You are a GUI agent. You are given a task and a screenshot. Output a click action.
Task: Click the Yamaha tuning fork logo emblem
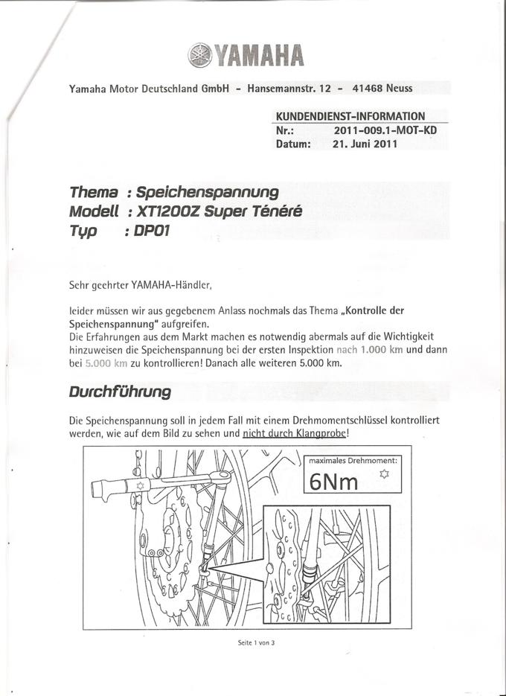pos(201,55)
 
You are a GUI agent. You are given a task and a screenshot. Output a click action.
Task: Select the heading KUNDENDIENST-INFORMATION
pos(350,116)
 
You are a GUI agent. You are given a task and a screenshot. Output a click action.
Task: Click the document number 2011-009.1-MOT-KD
pos(385,130)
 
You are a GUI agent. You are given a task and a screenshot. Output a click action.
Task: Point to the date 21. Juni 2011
pos(365,144)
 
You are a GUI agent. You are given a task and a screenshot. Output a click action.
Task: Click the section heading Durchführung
pos(120,391)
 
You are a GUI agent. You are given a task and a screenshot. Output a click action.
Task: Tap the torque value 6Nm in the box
pos(334,482)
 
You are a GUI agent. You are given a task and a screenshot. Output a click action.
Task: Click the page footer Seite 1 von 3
pos(257,643)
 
